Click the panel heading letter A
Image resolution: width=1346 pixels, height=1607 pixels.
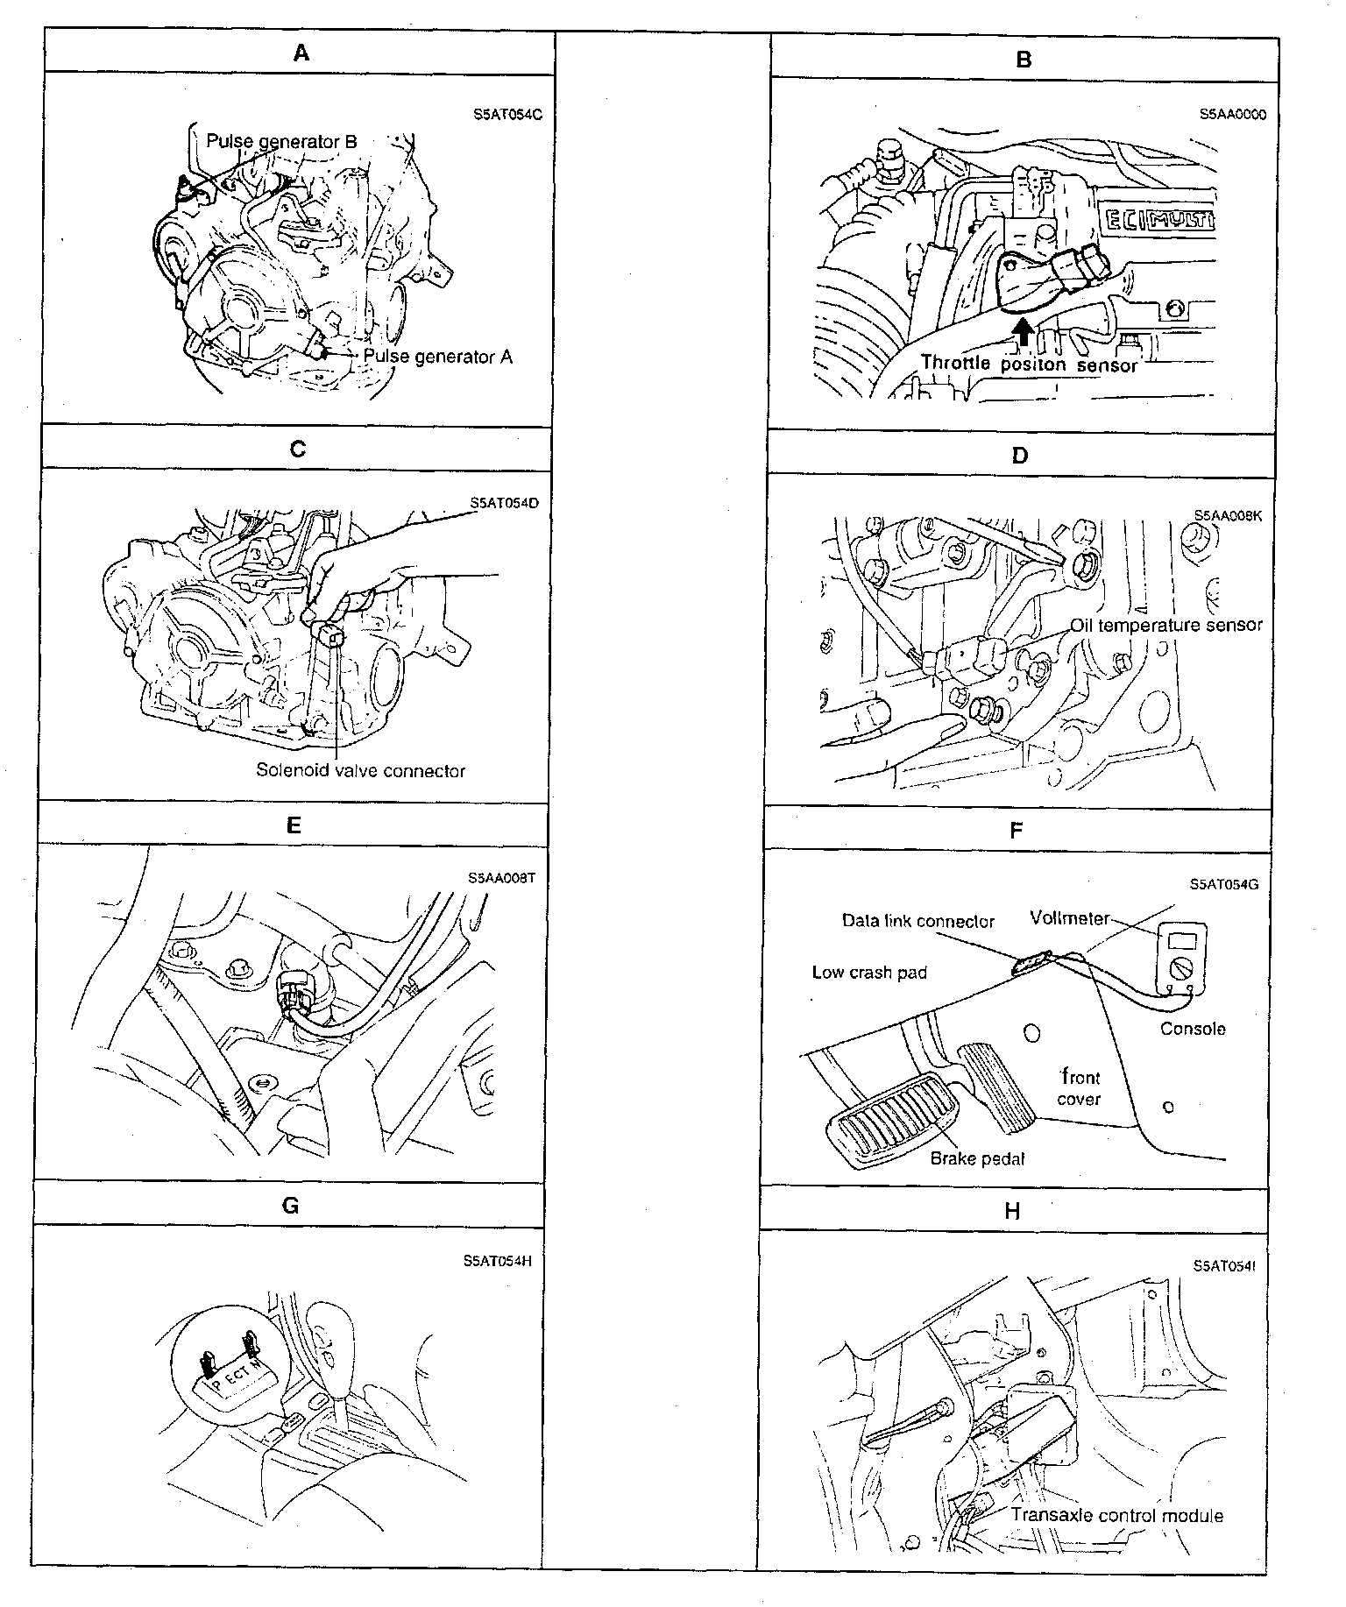301,53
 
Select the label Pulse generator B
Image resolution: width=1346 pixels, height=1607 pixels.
281,141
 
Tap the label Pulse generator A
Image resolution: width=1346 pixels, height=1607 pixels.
437,357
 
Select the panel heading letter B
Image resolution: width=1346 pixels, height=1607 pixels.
1024,60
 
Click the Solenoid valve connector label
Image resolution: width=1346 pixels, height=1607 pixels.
360,771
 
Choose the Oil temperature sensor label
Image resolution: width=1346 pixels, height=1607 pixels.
1166,626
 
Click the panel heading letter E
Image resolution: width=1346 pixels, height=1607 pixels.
294,825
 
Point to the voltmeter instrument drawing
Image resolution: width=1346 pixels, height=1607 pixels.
1180,958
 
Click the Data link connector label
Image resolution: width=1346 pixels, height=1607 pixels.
917,921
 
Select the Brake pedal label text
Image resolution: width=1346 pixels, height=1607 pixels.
977,1158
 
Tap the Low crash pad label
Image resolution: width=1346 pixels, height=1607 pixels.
869,972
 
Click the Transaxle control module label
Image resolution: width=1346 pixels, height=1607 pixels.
1117,1515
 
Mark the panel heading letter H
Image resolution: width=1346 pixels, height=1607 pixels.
1012,1211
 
